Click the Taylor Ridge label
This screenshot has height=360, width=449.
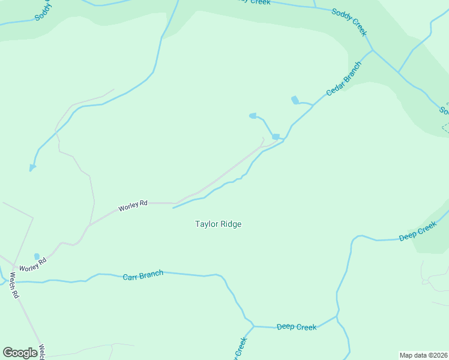pos(218,224)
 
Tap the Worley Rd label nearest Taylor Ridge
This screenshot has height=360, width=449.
pos(133,205)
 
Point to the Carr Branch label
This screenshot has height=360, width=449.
pos(143,275)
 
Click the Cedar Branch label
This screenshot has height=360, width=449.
pos(344,79)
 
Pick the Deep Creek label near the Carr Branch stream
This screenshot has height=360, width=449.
pos(297,327)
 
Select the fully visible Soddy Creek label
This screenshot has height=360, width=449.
pos(349,22)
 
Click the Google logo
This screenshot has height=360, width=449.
pos(20,352)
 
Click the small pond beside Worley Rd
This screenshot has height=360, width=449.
pos(37,256)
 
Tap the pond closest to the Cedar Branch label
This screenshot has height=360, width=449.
pos(295,100)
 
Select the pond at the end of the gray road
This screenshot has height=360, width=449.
pos(276,137)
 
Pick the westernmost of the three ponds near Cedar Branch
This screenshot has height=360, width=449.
pos(253,115)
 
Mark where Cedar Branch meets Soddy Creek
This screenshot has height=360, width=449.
pos(373,50)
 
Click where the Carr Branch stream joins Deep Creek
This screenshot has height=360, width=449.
pos(253,326)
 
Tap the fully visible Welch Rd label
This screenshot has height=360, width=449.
pos(14,287)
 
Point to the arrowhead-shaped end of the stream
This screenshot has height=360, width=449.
pos(32,167)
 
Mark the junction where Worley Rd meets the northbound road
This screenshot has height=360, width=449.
pos(90,225)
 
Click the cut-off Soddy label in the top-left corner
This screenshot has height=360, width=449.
pos(44,11)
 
